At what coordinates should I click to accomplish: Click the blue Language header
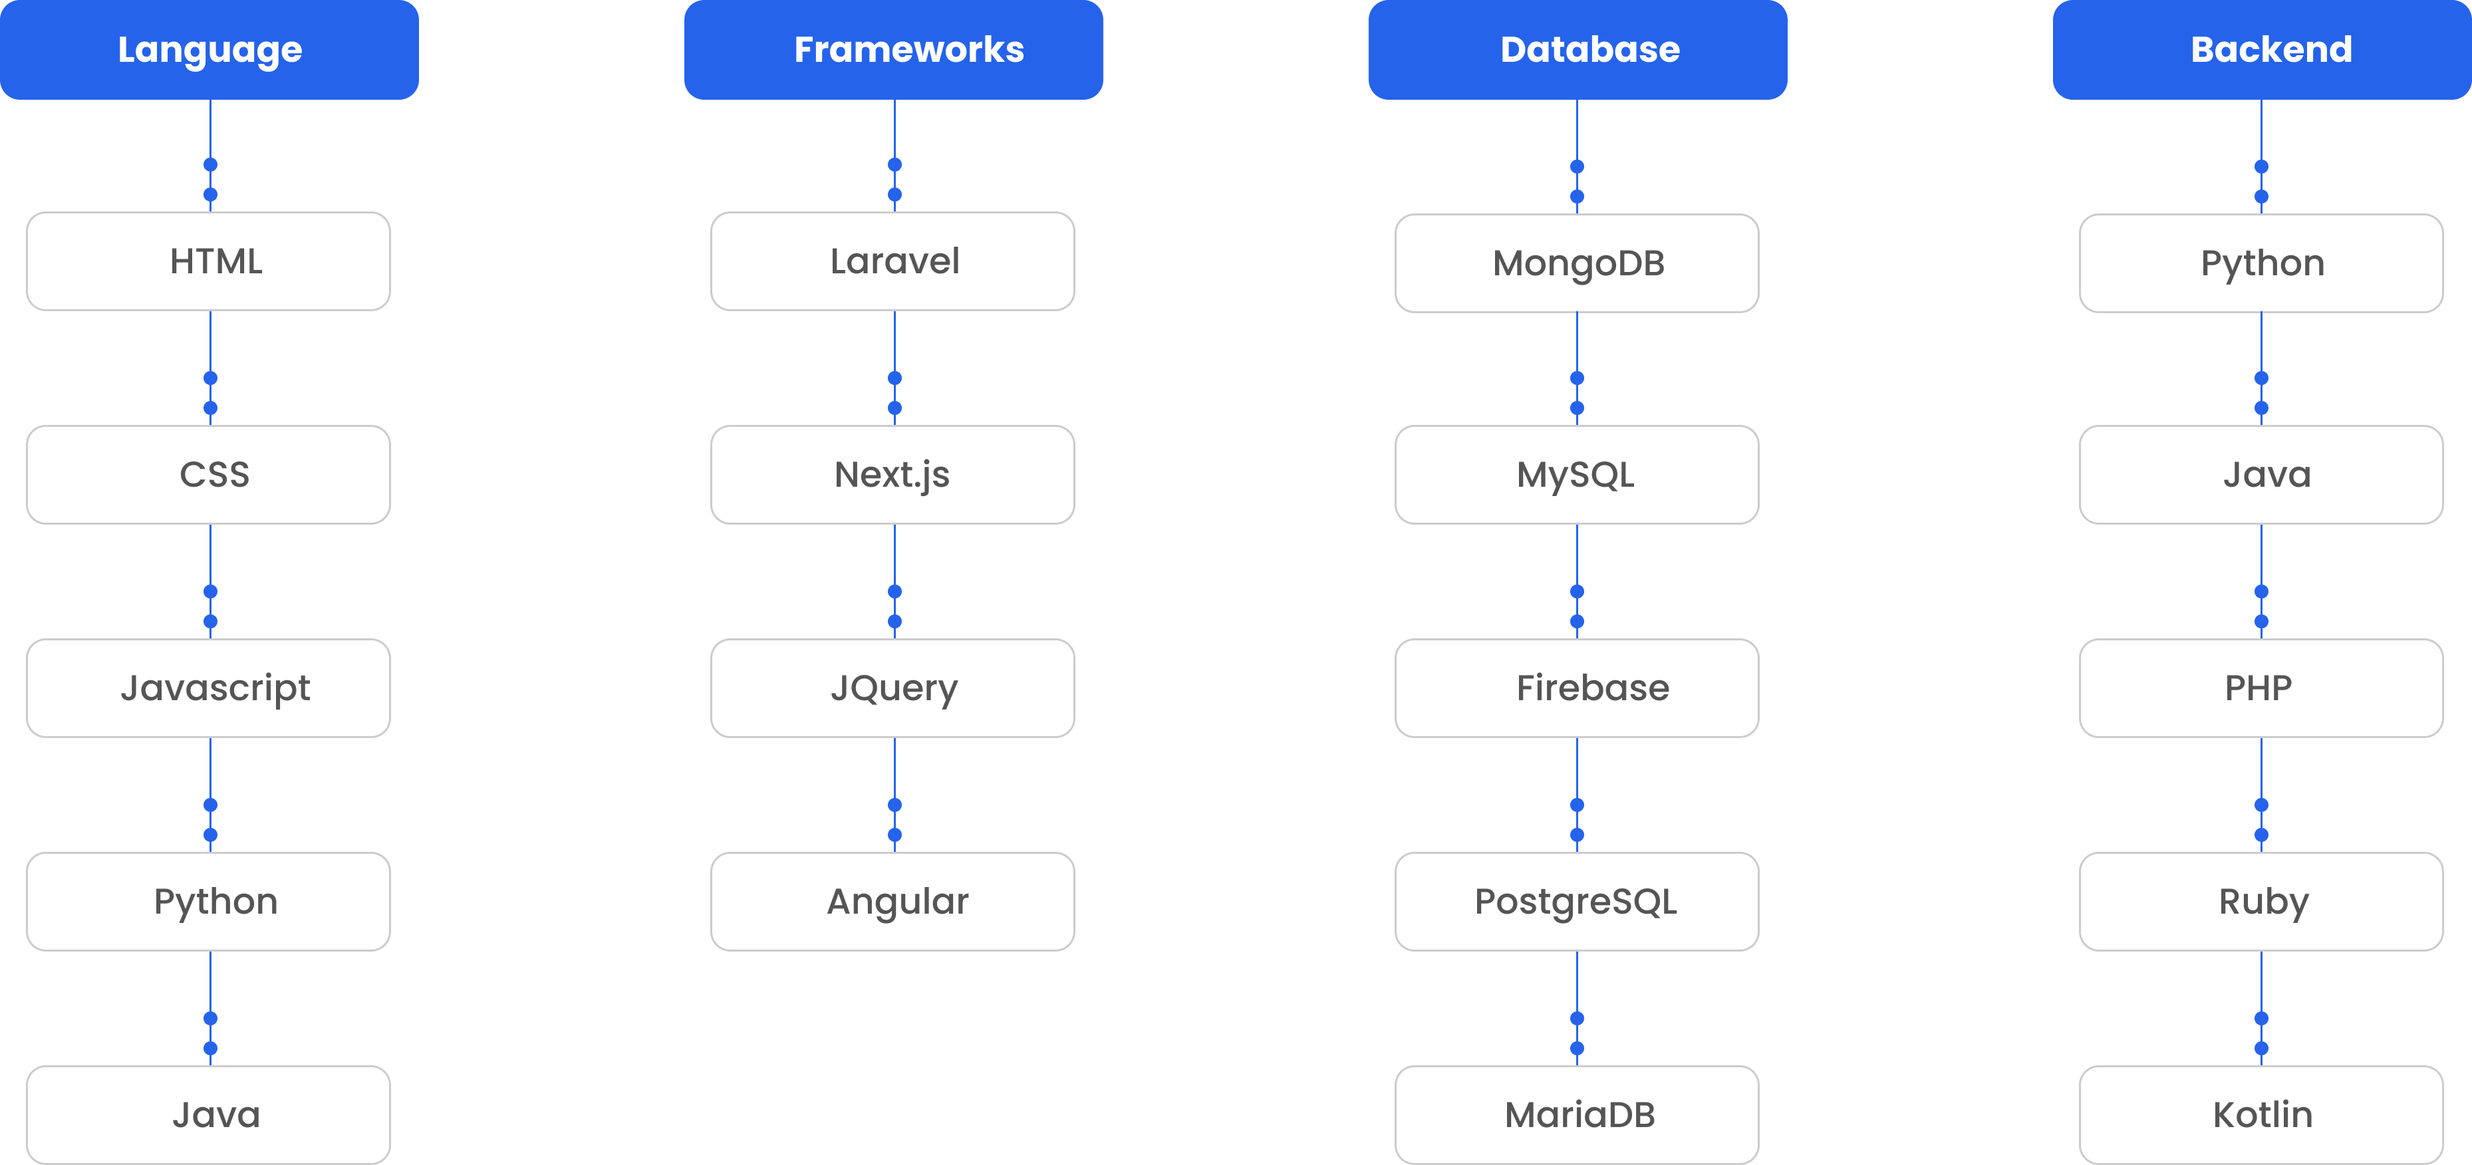209,50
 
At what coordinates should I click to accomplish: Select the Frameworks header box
893,50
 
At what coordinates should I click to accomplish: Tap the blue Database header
1578,50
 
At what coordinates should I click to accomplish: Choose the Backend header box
2262,50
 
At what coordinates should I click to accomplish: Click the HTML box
208,261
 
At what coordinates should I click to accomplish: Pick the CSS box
208,475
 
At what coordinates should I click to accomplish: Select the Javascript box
208,688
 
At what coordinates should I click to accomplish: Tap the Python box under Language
208,901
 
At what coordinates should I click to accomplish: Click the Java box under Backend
2261,475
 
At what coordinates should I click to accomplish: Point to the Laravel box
893,261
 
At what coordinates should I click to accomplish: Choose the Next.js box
893,475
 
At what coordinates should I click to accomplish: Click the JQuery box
893,688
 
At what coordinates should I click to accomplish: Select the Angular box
893,901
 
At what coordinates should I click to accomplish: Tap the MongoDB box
1577,263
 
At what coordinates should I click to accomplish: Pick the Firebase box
1577,688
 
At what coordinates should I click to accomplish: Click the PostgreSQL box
1577,901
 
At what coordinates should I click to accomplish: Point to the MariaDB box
1577,1114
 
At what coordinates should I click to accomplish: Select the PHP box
2261,688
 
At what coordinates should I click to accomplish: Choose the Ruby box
2261,901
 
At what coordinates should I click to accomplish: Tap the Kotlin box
2261,1114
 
